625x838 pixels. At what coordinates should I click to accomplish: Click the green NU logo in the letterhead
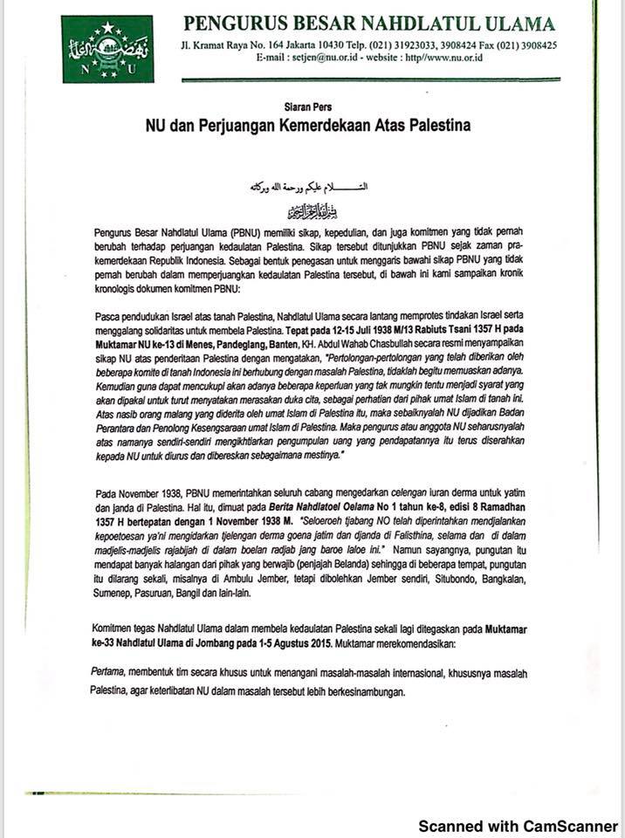click(x=107, y=48)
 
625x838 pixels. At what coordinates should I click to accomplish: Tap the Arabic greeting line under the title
click(x=312, y=187)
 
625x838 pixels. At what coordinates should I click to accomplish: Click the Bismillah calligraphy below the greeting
click(x=312, y=210)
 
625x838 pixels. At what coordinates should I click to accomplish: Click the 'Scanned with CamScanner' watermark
click(x=519, y=825)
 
